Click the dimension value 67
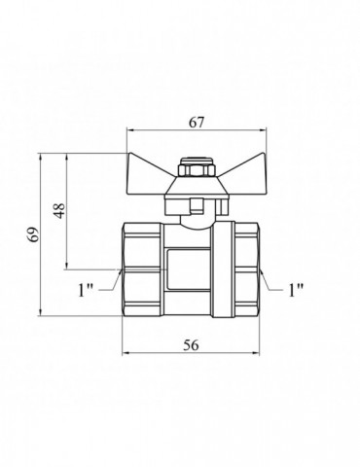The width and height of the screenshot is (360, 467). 197,123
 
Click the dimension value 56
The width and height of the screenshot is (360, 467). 191,345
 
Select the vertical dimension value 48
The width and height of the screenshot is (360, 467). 59,211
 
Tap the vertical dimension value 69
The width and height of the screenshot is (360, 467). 34,234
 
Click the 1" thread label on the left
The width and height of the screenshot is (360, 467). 86,290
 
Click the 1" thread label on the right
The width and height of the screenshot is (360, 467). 296,290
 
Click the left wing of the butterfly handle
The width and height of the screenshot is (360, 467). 148,169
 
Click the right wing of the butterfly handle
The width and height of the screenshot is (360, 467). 244,169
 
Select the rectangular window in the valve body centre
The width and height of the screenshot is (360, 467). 188,269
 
